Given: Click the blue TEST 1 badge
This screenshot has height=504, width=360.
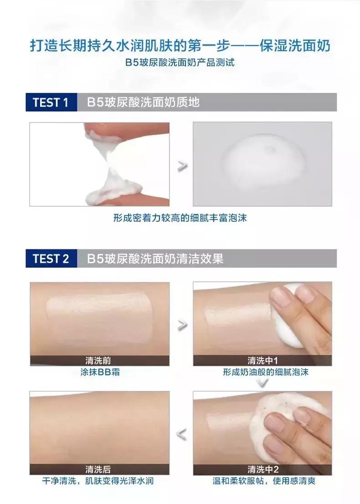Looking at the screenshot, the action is [x=51, y=102].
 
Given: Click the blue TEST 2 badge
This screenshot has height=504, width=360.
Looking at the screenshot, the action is [x=51, y=259].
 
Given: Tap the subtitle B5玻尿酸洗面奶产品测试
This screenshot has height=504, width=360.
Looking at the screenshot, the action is [x=180, y=62].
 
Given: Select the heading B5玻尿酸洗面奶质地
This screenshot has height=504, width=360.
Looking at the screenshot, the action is [x=143, y=102].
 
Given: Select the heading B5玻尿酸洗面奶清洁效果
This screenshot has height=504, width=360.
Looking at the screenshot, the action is [x=155, y=259].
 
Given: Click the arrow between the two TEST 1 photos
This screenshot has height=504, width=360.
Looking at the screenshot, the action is [x=182, y=166].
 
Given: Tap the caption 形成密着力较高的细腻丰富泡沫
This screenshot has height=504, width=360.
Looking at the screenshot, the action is [x=180, y=218].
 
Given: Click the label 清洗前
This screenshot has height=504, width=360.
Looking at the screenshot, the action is [x=98, y=361].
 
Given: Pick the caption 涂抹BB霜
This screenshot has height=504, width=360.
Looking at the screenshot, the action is [x=100, y=372].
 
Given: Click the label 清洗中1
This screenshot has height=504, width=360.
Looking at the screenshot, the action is [x=262, y=361].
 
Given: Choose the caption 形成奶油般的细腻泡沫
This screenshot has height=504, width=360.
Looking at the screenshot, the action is [x=266, y=372].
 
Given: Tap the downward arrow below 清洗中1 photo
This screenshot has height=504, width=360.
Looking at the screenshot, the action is [x=263, y=383].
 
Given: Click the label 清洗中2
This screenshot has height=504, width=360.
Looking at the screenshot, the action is [x=262, y=469].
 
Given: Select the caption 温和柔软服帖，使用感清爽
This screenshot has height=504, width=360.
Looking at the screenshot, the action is [x=264, y=481].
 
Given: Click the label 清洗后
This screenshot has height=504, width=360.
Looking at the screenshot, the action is [x=98, y=469].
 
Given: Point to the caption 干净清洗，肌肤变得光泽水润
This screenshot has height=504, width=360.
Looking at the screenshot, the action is [x=98, y=481].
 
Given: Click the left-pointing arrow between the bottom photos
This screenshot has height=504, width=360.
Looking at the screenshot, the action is [x=182, y=434].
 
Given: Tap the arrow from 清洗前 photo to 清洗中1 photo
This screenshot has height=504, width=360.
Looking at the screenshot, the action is [x=182, y=325].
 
